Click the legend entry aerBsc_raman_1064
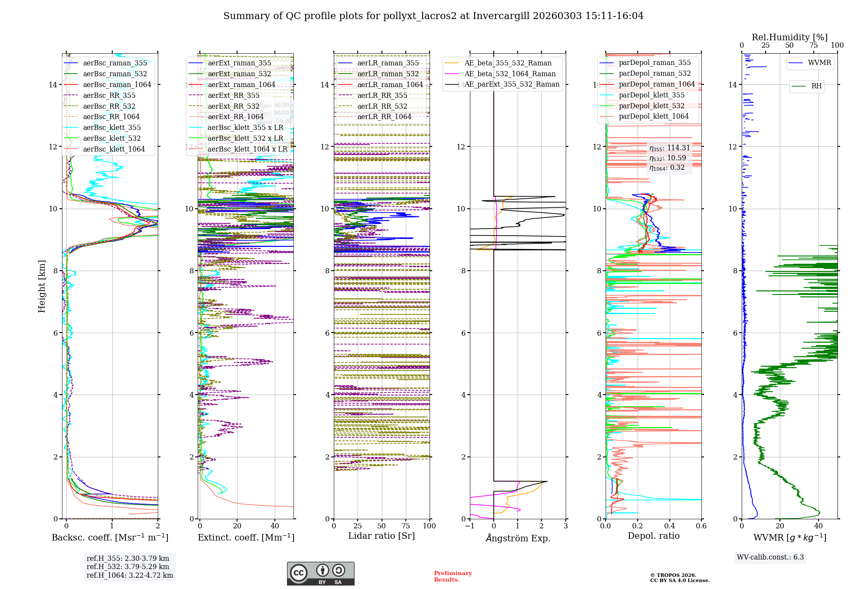[x=117, y=84]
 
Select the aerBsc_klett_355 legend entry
[x=112, y=127]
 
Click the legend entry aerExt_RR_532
[x=233, y=106]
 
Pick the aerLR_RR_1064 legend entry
[x=384, y=117]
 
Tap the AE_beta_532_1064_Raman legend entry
[x=510, y=74]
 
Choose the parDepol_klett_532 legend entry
[x=652, y=106]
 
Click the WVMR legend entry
[x=819, y=63]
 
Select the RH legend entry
[x=816, y=86]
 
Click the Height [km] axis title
[x=42, y=286]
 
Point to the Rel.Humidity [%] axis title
[x=789, y=37]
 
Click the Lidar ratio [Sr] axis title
[x=381, y=536]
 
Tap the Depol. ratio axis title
[x=653, y=536]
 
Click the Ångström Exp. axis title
[x=518, y=538]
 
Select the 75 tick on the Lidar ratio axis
[x=406, y=526]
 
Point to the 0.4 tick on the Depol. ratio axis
[x=669, y=526]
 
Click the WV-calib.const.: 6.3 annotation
[x=770, y=557]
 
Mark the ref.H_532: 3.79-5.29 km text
[x=128, y=566]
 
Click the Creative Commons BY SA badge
[x=320, y=573]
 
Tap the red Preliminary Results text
[x=453, y=576]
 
